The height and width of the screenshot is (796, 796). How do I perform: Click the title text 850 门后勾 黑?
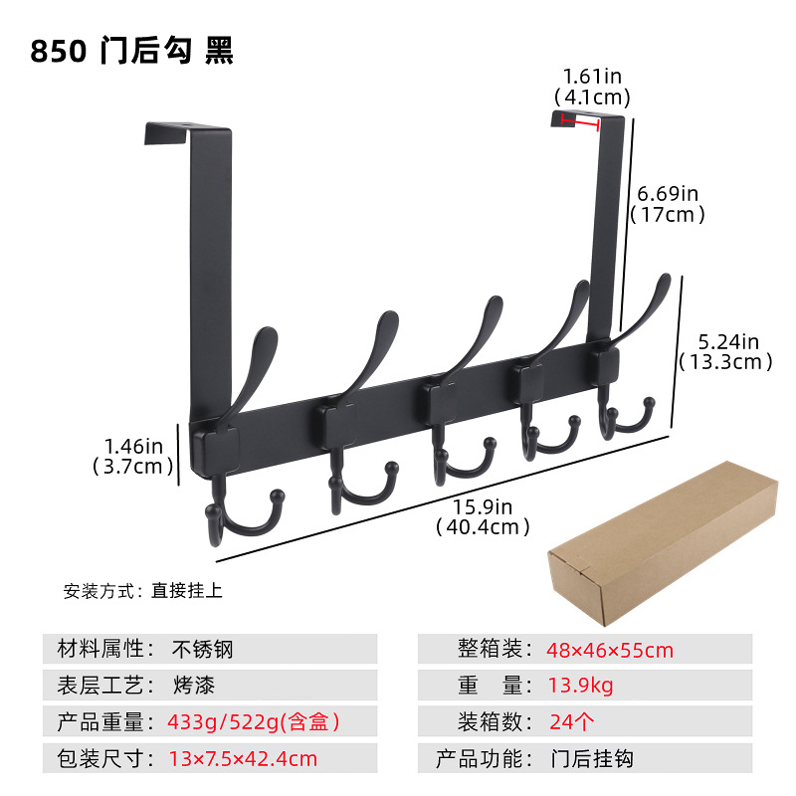click(131, 51)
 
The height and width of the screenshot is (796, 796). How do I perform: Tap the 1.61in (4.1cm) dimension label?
click(593, 87)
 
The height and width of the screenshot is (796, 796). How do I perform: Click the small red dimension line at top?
click(579, 121)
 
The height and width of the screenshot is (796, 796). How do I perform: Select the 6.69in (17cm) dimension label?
click(667, 203)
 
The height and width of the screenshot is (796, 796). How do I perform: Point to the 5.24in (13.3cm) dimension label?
click(725, 351)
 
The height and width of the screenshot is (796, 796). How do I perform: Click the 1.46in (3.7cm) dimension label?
click(132, 455)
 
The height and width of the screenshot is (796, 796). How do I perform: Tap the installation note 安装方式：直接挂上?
click(143, 590)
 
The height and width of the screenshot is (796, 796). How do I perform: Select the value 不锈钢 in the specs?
click(204, 650)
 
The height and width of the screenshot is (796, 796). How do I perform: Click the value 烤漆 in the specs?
click(193, 685)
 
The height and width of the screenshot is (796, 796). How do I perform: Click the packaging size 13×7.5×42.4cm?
click(243, 758)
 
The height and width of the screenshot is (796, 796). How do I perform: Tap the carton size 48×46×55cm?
click(609, 651)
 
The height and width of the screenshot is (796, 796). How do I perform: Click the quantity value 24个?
click(573, 721)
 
